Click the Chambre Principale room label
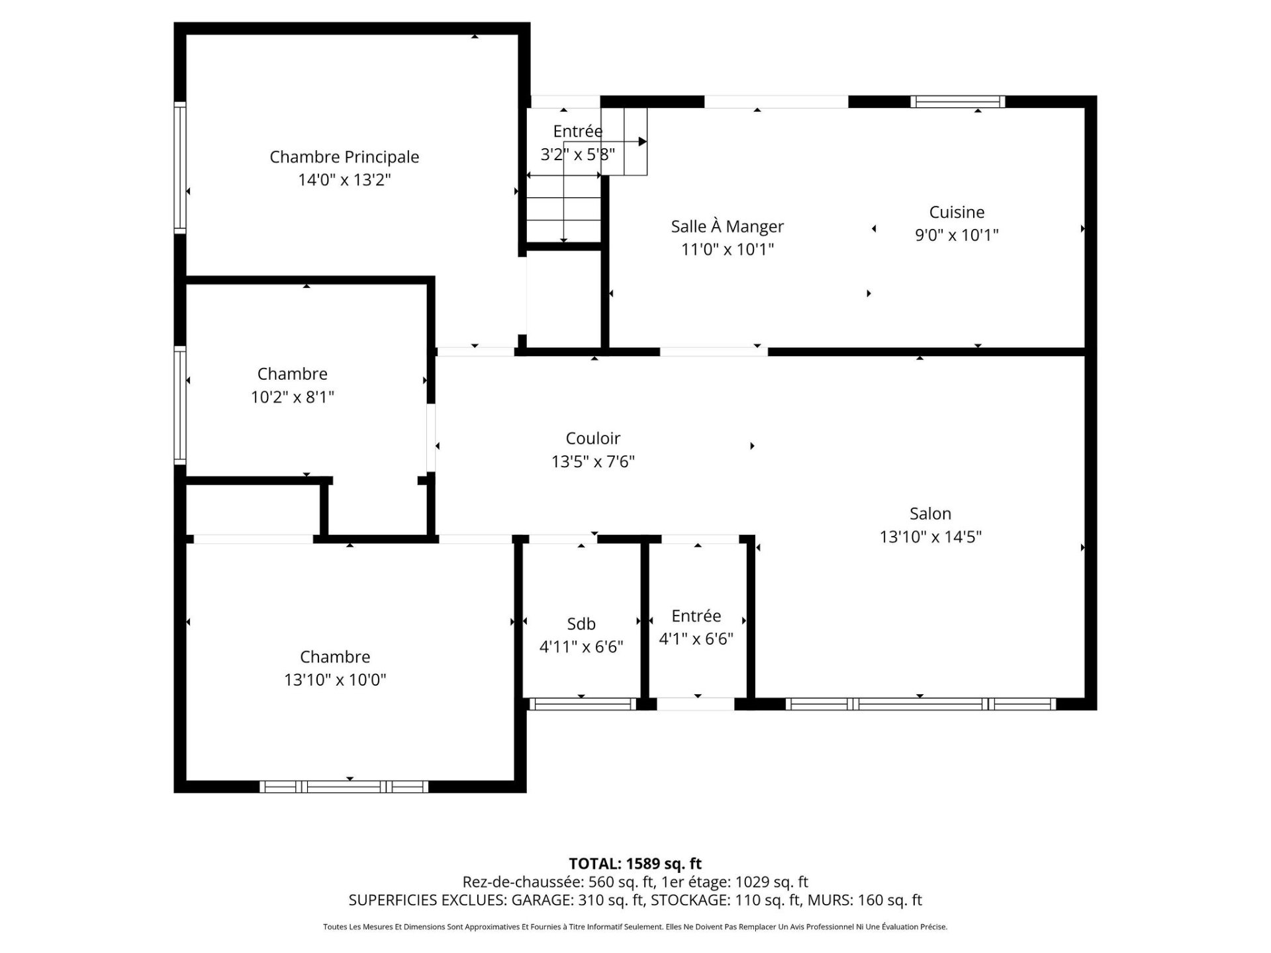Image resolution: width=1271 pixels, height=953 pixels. (x=344, y=157)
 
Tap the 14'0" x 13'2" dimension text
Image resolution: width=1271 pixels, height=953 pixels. (x=344, y=180)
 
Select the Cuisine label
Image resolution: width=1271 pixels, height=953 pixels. (x=957, y=212)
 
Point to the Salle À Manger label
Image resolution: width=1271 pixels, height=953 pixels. (x=727, y=226)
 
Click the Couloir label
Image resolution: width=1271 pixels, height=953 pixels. (x=593, y=438)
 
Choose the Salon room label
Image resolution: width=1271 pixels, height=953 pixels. (x=930, y=514)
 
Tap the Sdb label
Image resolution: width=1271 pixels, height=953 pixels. (x=581, y=623)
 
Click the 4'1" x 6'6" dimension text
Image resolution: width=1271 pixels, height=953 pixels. (x=696, y=639)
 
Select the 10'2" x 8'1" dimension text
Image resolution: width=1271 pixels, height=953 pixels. (x=293, y=397)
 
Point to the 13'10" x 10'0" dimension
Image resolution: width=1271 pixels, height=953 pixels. (x=335, y=680)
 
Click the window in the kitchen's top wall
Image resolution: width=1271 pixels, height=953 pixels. (x=957, y=101)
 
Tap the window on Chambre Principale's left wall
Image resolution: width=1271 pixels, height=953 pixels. (x=180, y=167)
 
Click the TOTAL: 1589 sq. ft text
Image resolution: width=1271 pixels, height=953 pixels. (x=635, y=864)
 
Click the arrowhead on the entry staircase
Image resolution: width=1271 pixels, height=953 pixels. (x=643, y=142)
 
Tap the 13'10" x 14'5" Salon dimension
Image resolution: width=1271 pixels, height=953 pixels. (x=930, y=537)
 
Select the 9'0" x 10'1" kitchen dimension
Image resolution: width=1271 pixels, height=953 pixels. (x=957, y=235)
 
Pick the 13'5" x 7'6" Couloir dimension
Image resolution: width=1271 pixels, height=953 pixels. (x=593, y=461)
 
